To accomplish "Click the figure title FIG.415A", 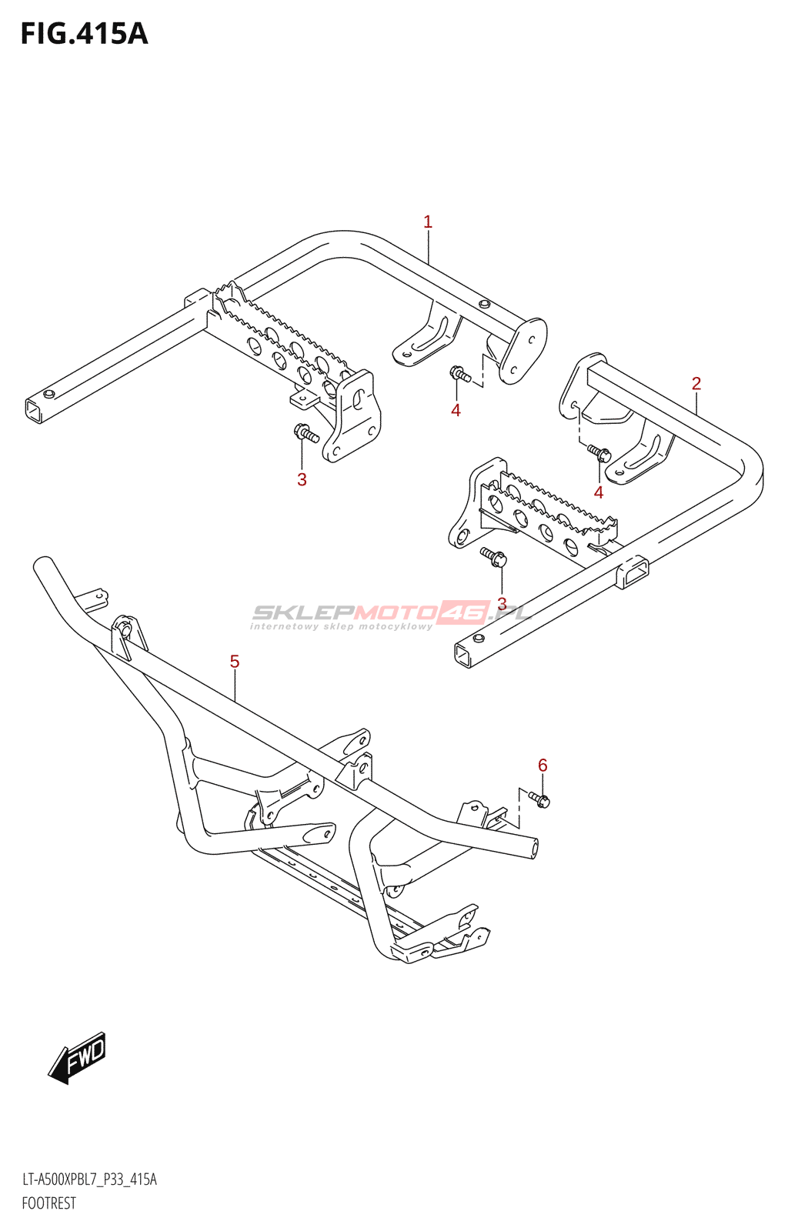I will (84, 35).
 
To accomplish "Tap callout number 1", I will (428, 222).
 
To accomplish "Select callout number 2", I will (696, 383).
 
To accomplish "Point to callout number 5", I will (235, 662).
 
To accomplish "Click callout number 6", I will (543, 765).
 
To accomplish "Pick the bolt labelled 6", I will (539, 800).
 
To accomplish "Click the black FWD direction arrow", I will (78, 1057).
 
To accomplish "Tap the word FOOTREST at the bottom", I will (49, 1203).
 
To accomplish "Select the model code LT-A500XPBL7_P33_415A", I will (89, 1179).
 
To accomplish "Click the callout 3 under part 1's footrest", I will (302, 479).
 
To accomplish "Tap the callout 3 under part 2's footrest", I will (502, 604).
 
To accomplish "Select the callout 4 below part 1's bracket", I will (456, 410).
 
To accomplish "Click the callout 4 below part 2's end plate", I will (599, 492).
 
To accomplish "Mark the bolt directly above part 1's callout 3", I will (306, 433).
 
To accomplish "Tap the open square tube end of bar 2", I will (463, 655).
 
